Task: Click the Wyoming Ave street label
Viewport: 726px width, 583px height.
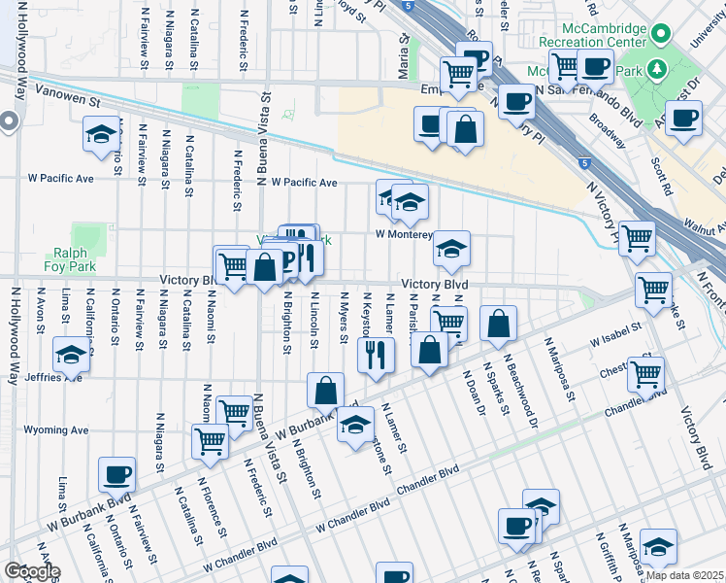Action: tap(56, 429)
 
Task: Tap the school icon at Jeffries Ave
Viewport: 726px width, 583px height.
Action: tap(72, 355)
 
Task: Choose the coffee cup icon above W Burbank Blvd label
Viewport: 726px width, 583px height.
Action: tap(117, 473)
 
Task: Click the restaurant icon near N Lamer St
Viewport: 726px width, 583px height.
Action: tap(376, 355)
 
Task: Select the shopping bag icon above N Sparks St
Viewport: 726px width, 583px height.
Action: tap(498, 326)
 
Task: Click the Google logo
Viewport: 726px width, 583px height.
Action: tap(31, 571)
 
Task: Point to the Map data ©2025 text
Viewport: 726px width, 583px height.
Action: tap(684, 575)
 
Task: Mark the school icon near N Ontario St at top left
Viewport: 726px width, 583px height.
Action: tap(101, 134)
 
